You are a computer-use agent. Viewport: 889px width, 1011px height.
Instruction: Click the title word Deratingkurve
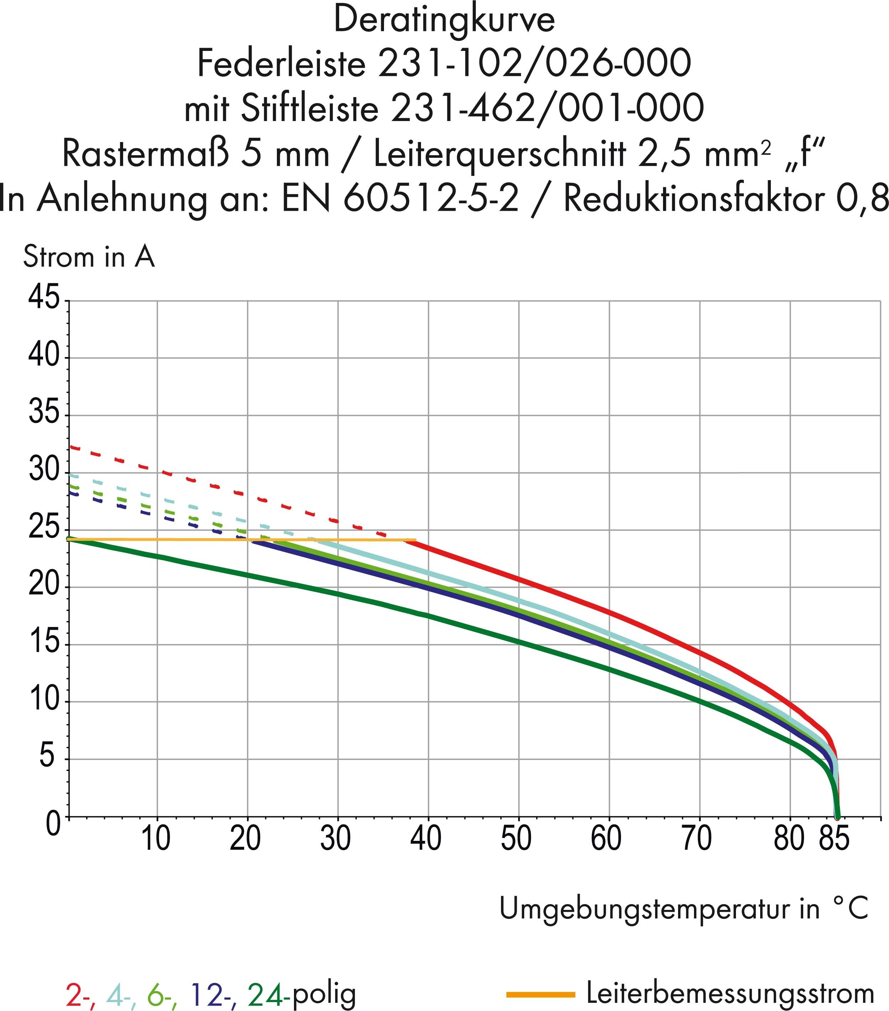point(444,21)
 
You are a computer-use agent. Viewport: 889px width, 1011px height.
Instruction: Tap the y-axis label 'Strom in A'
point(89,258)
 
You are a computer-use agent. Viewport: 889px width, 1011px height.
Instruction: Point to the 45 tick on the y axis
point(44,299)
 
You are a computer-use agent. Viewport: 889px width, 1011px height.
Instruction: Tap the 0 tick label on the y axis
point(53,824)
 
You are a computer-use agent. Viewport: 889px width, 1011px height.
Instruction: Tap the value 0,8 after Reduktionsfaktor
point(862,199)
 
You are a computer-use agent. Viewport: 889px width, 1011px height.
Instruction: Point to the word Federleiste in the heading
point(281,64)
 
